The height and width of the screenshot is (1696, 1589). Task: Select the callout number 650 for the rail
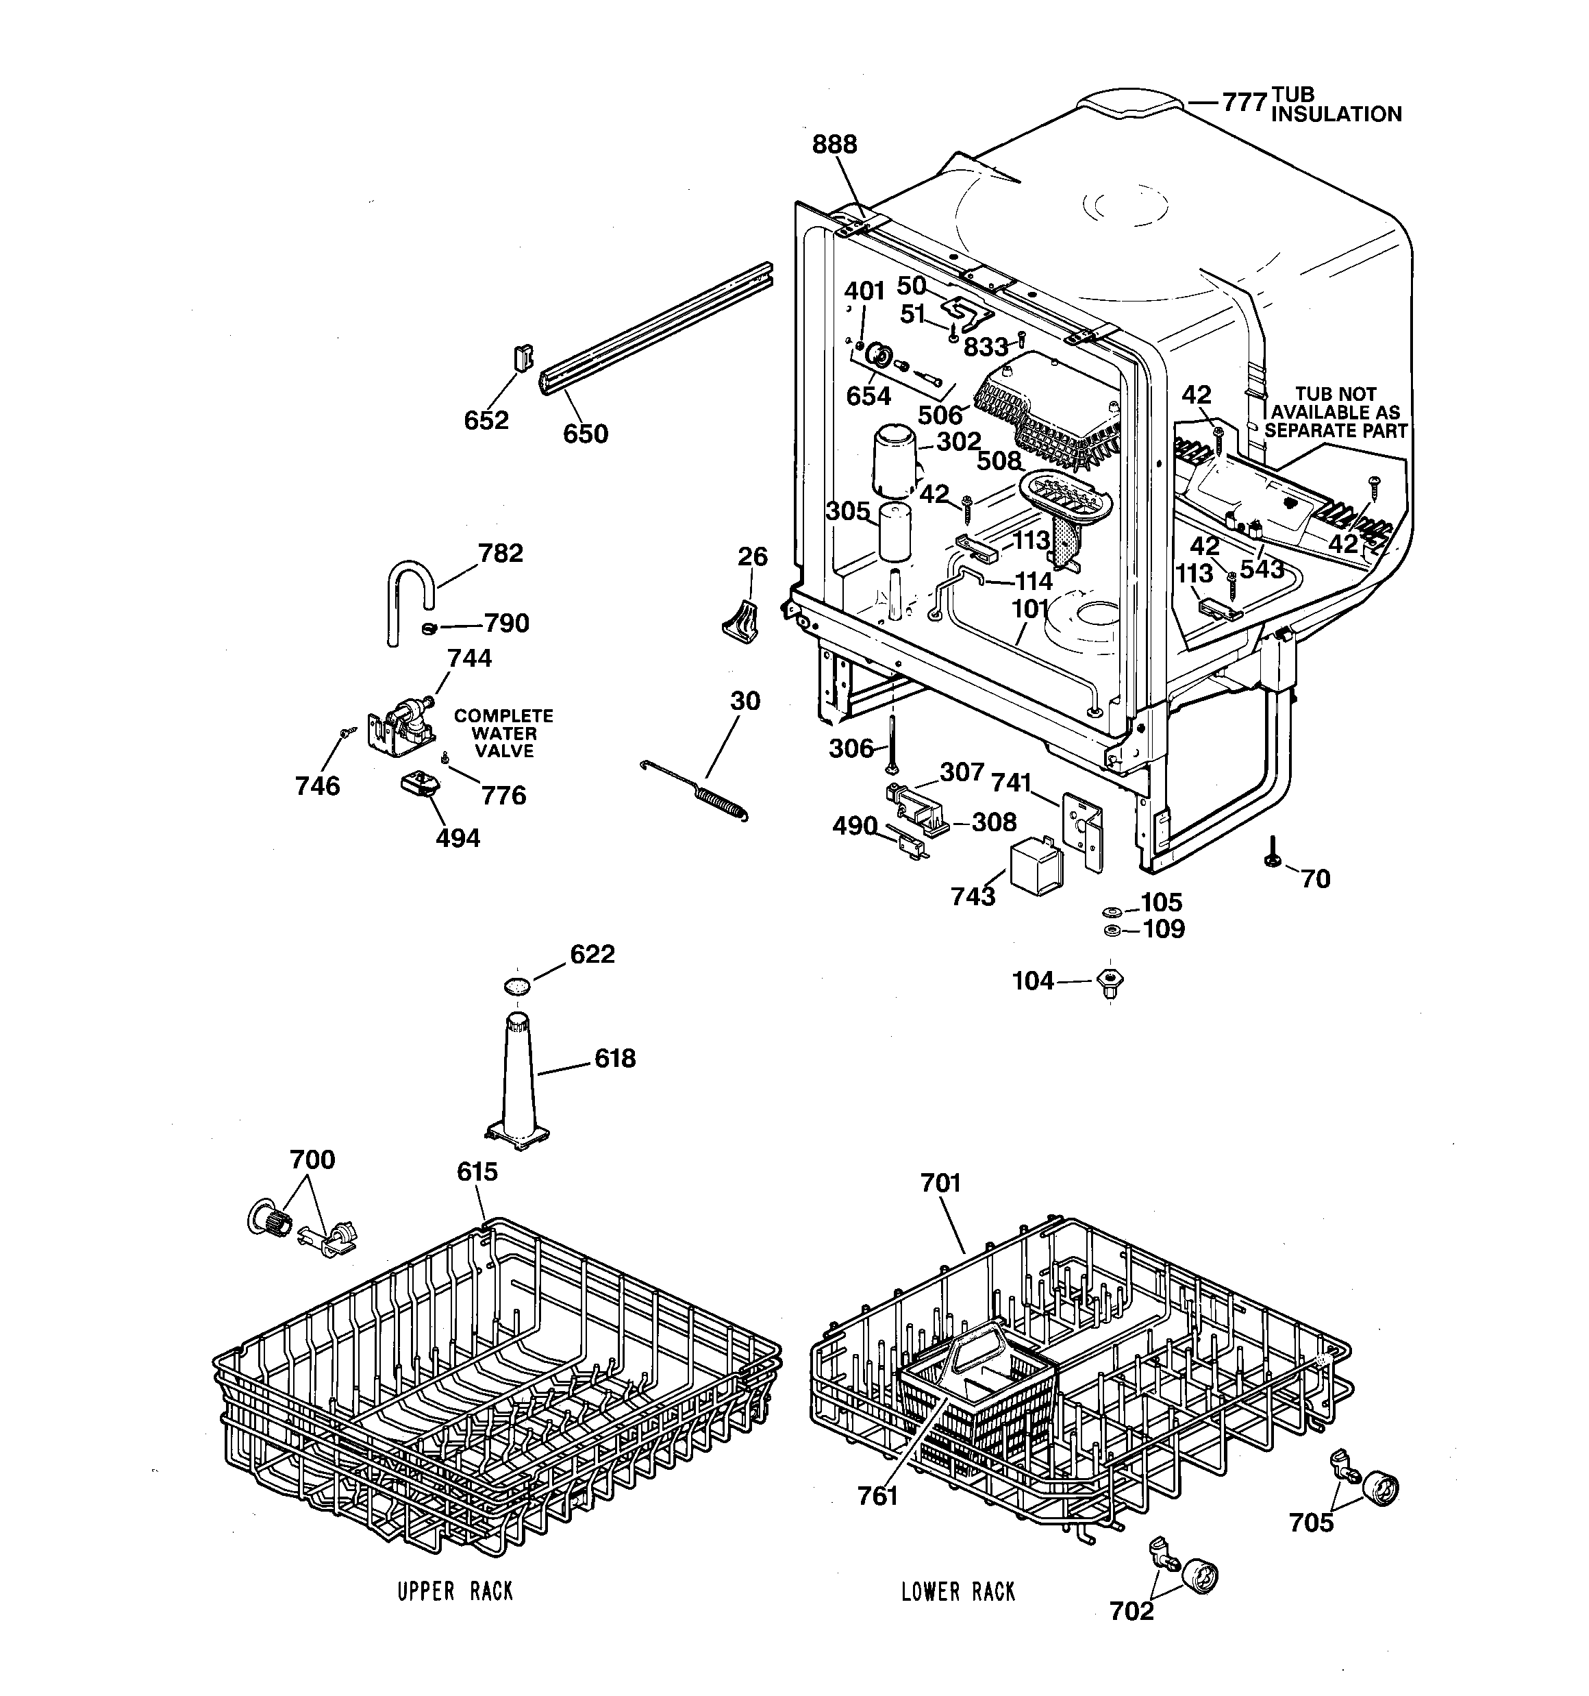click(585, 434)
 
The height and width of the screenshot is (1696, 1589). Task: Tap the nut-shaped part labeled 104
click(1110, 982)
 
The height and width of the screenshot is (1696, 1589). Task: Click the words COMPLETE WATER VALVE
click(503, 734)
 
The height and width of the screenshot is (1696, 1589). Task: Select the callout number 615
click(477, 1172)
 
